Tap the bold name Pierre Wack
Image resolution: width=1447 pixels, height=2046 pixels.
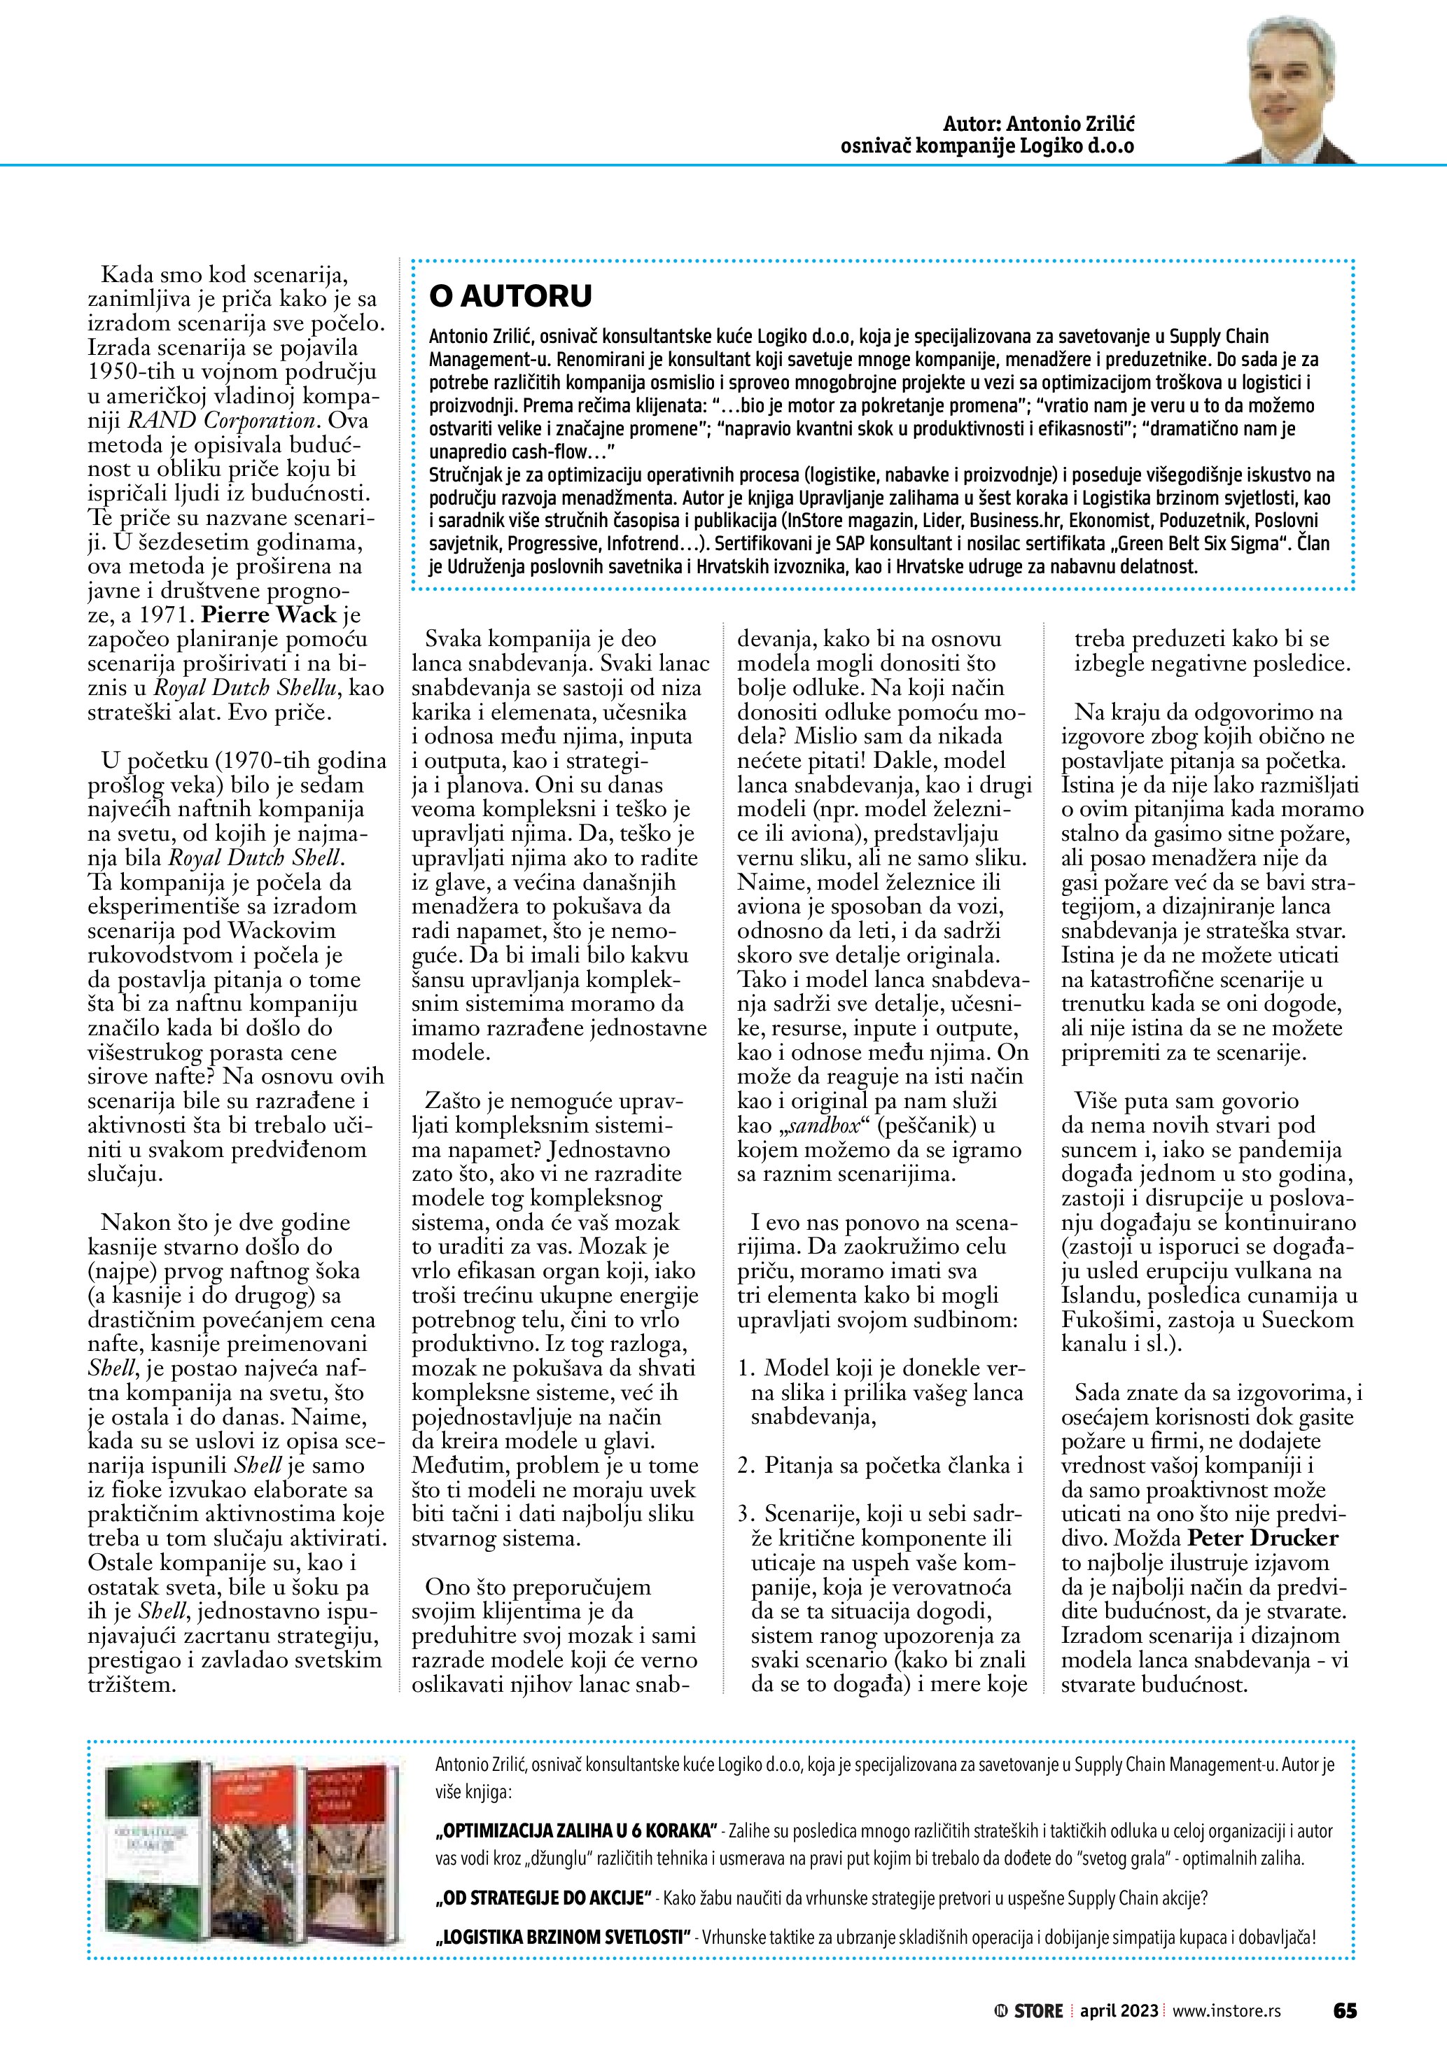pyautogui.click(x=269, y=614)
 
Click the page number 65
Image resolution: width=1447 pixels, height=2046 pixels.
pyautogui.click(x=1345, y=2010)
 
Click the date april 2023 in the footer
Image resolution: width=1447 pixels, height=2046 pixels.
pyautogui.click(x=1119, y=2010)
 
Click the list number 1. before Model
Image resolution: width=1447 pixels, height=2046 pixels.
pyautogui.click(x=747, y=1368)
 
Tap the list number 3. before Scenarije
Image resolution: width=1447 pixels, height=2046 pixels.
pyautogui.click(x=747, y=1513)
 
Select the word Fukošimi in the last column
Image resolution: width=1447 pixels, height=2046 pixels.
pyautogui.click(x=1104, y=1319)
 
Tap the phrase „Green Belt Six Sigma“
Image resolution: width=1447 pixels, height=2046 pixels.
pyautogui.click(x=1203, y=542)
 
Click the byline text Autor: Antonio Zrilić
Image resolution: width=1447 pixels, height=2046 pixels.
pyautogui.click(x=1038, y=124)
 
